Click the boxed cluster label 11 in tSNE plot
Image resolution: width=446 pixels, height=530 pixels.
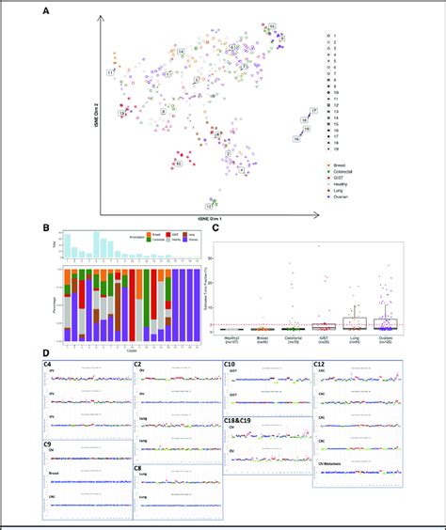(110, 71)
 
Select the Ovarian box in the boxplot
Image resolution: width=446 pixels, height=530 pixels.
(385, 322)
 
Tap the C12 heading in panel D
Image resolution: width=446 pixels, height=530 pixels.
(322, 362)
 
